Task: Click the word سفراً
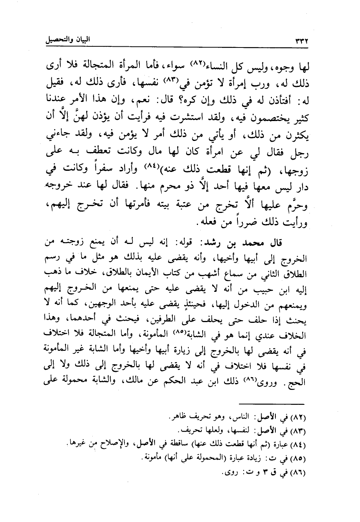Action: pos(103,168)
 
